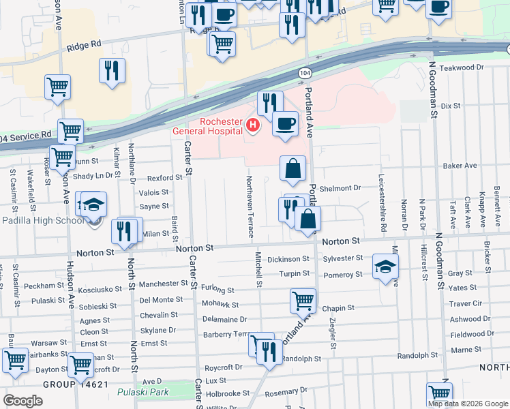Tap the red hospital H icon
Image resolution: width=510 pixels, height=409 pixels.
pyautogui.click(x=253, y=125)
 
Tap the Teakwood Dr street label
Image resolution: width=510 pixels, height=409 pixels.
pyautogui.click(x=461, y=67)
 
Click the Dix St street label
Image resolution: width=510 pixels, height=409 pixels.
pyautogui.click(x=451, y=106)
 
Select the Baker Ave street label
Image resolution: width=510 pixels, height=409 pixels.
pyautogui.click(x=460, y=166)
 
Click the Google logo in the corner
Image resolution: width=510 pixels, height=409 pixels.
pyautogui.click(x=22, y=400)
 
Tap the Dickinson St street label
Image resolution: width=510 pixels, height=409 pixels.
pyautogui.click(x=288, y=259)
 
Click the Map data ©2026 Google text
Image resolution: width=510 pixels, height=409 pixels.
pyautogui.click(x=467, y=404)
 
